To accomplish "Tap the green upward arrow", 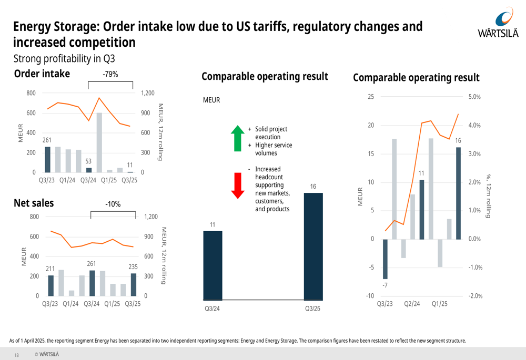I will coord(238,138).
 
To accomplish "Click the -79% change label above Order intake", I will coord(110,75).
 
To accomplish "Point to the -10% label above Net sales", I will coord(113,204).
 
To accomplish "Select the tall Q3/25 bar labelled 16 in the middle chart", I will coord(313,246).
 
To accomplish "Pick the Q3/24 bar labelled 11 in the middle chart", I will coord(213,265).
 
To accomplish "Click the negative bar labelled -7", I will coord(385,259).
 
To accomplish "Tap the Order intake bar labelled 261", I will coord(48,159).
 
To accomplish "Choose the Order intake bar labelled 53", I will coord(89,170).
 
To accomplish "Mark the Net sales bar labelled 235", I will coord(133,284).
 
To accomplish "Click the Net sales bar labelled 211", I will coord(51,285).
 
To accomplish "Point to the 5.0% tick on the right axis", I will coord(474,97).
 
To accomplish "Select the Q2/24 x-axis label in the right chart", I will coord(412,304).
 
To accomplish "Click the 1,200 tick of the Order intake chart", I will coord(148,94).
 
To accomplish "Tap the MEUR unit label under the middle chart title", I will coord(211,100).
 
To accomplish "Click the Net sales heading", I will coord(34,203).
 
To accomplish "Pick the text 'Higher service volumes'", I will coord(274,149).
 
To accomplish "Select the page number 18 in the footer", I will coord(16,355).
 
